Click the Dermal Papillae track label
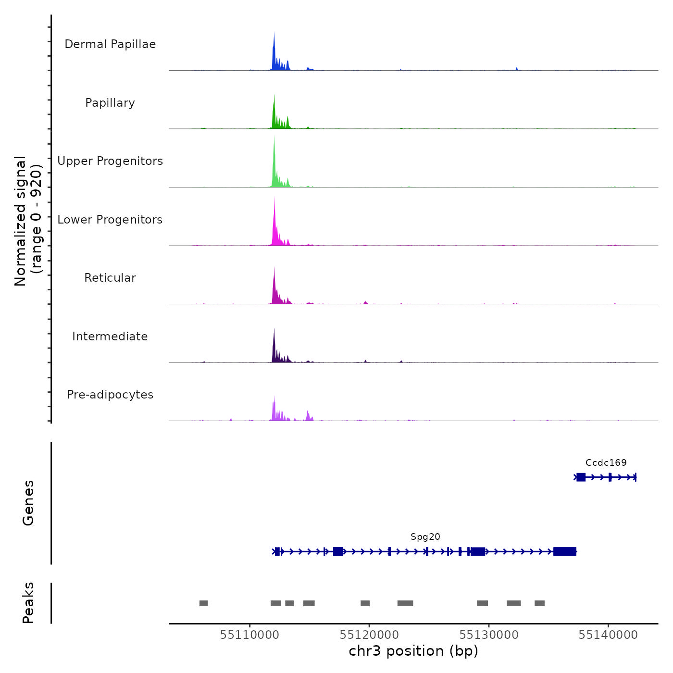[110, 44]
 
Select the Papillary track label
[110, 103]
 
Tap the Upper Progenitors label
[110, 161]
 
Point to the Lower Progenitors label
[110, 220]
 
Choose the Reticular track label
[110, 278]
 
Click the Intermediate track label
[110, 336]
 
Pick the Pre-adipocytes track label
[110, 395]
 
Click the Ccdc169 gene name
[606, 462]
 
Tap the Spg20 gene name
[425, 536]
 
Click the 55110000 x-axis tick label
[249, 635]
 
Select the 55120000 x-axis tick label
[369, 635]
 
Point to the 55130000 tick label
[489, 635]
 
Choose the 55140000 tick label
[608, 635]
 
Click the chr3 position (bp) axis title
[413, 651]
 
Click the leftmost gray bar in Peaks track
[203, 603]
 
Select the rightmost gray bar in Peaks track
[539, 603]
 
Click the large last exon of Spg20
[565, 551]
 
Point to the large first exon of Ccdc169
[581, 477]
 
